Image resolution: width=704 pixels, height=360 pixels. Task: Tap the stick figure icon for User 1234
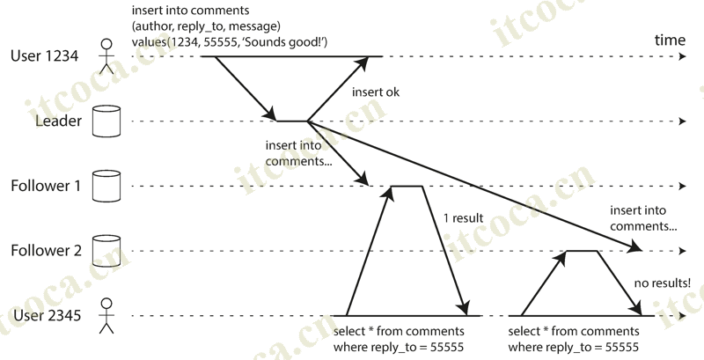[x=106, y=55]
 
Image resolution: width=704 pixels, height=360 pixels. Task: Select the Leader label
[x=57, y=121]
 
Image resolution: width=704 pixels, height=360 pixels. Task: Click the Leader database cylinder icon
[x=106, y=121]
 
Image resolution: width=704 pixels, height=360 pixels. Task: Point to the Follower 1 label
[x=46, y=187]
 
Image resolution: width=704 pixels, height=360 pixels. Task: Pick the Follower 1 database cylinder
[x=106, y=187]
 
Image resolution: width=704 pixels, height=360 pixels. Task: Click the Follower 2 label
[x=46, y=252]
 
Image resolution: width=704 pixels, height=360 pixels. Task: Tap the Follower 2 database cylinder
[x=106, y=251]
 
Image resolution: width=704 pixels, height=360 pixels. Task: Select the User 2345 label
[x=46, y=316]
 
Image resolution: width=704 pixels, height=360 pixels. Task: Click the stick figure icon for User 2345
[x=106, y=316]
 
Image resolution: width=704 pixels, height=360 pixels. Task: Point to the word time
[x=670, y=41]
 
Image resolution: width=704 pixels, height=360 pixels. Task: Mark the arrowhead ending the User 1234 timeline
[x=682, y=56]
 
